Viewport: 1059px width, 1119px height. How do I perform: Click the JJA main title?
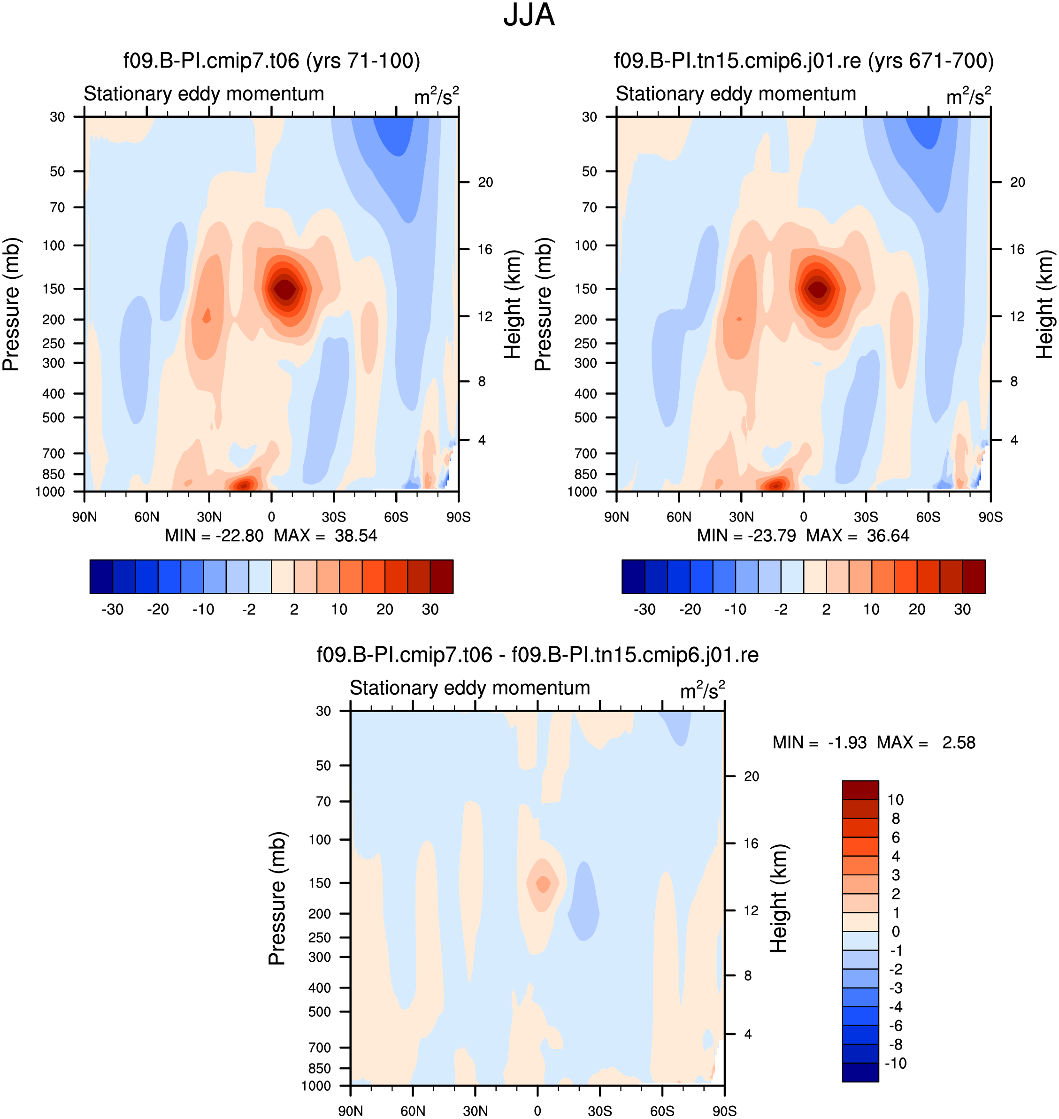coord(529,15)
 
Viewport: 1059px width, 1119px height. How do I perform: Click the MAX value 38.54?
coord(356,535)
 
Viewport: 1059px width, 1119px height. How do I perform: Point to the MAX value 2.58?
coord(959,743)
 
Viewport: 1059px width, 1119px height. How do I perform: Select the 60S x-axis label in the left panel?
coord(396,517)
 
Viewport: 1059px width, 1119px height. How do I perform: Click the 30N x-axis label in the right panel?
coord(741,517)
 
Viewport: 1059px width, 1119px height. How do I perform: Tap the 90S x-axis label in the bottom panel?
coord(724,1111)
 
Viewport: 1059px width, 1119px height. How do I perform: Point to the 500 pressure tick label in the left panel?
coord(54,417)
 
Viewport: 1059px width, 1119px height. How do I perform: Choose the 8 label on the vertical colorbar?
coord(895,818)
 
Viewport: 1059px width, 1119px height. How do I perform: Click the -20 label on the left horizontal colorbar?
coord(158,609)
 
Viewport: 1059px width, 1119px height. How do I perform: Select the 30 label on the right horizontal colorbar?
coord(962,609)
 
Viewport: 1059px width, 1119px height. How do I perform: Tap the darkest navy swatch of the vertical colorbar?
coord(860,1072)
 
